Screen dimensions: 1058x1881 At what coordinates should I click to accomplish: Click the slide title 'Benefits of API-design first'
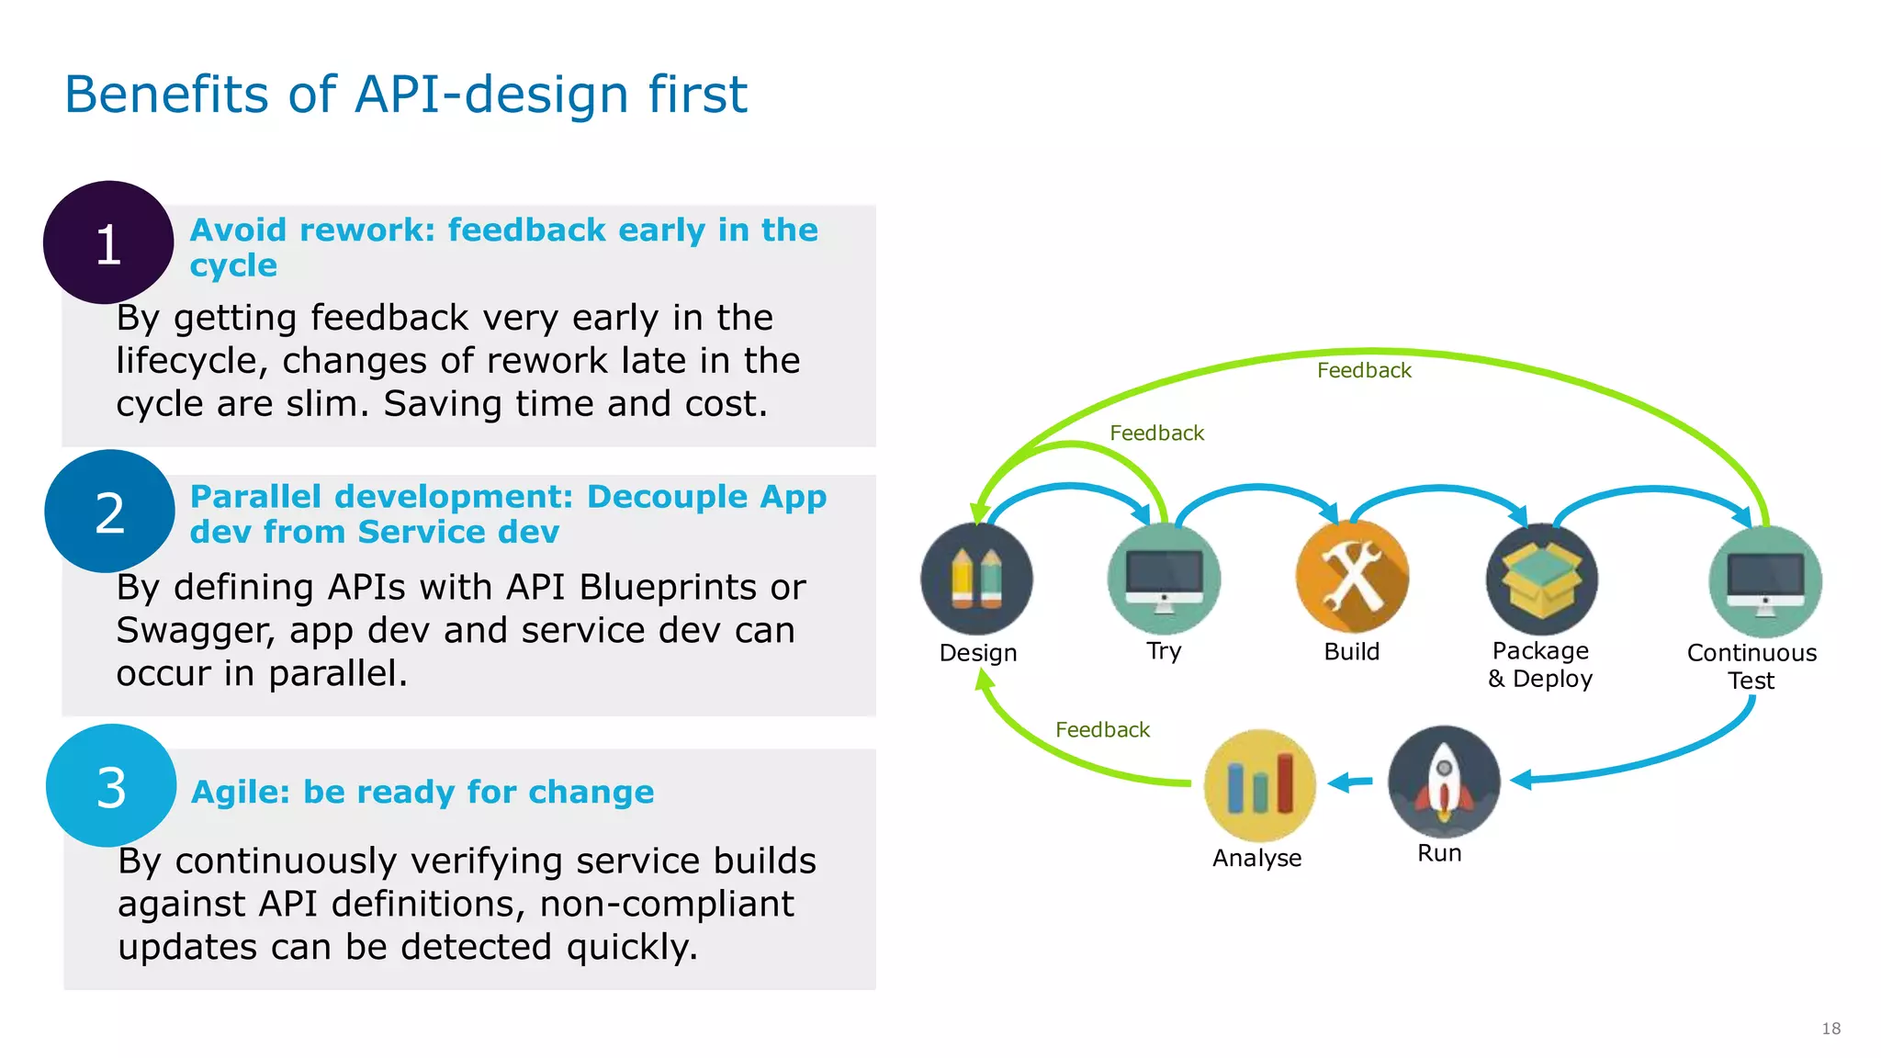[405, 95]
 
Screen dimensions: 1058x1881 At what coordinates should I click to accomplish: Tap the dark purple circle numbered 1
[108, 243]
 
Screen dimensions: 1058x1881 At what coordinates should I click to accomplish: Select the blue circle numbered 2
[109, 512]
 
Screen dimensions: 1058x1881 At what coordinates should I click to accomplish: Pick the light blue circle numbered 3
[111, 787]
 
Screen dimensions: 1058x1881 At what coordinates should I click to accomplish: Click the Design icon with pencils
[976, 579]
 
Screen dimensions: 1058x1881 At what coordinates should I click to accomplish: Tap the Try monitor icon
[1164, 579]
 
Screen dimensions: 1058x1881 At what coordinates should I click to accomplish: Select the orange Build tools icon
[1351, 577]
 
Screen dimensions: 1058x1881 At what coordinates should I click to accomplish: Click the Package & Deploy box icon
[1541, 579]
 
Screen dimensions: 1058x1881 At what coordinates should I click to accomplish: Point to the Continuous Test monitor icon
[1764, 581]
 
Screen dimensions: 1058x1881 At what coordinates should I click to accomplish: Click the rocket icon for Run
[1443, 782]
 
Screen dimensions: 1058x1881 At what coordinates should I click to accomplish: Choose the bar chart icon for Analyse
[1259, 785]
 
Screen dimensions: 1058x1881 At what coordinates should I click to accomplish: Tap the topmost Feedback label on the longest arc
[1363, 370]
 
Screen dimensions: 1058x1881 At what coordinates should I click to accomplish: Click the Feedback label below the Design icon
[1102, 730]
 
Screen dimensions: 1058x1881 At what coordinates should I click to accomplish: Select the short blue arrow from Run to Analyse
[1350, 782]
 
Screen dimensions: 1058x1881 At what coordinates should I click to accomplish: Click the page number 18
[1830, 1029]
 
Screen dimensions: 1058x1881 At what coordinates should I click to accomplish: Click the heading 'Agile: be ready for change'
[422, 792]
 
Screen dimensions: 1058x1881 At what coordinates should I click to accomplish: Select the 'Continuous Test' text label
[1751, 666]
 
